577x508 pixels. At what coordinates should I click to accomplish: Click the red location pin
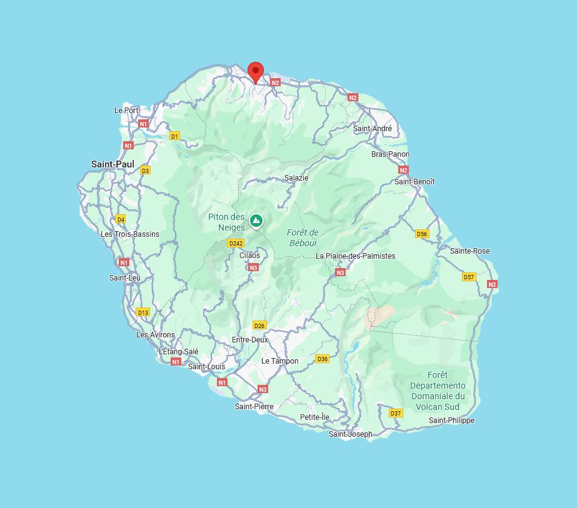pos(255,72)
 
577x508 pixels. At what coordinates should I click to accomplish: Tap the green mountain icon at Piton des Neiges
pos(256,221)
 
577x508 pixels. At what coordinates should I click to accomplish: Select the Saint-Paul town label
pos(113,164)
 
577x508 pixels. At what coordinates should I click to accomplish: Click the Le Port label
pos(126,110)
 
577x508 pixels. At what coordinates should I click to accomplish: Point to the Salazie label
pos(296,178)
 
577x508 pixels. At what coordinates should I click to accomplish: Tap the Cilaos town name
pos(250,256)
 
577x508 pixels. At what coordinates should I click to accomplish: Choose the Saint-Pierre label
pos(254,407)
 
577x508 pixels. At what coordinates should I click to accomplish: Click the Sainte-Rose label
pos(470,251)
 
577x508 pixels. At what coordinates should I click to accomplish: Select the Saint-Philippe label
pos(451,421)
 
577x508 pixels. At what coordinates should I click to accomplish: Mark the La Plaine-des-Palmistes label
pos(355,256)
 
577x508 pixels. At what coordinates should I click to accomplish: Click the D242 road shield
pos(236,243)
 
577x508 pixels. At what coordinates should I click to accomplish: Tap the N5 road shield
pos(253,267)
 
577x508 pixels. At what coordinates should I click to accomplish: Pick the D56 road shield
pos(422,234)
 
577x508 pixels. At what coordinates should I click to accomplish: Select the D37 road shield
pos(396,413)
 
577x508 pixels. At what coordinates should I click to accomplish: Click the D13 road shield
pos(143,312)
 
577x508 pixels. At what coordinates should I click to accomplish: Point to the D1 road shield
pos(174,136)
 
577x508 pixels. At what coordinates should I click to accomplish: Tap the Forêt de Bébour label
pos(303,238)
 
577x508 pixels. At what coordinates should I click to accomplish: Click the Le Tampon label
pos(280,361)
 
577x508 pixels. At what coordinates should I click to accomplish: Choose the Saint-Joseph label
pos(351,434)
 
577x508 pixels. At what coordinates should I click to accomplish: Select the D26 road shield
pos(259,326)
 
